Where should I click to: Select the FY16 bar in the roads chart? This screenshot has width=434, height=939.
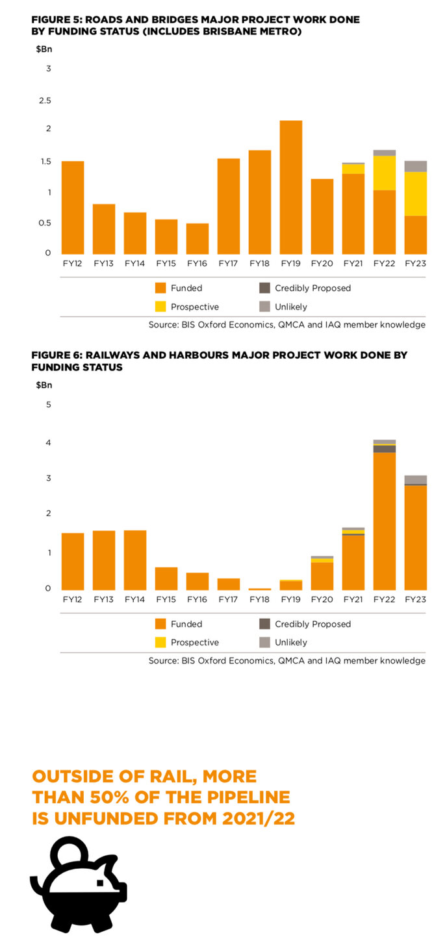click(198, 238)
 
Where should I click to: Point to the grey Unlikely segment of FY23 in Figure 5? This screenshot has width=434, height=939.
click(416, 166)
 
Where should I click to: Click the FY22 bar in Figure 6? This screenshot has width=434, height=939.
click(385, 520)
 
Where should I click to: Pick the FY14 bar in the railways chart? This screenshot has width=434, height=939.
click(135, 560)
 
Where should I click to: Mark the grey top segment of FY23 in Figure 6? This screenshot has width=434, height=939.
click(416, 479)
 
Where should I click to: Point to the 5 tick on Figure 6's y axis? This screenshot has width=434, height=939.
click(48, 404)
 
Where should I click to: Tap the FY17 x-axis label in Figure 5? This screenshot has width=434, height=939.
click(229, 264)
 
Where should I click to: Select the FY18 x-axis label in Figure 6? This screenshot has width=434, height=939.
click(260, 600)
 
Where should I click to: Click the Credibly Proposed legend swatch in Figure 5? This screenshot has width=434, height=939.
click(264, 288)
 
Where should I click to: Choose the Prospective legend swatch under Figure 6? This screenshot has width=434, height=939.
click(160, 642)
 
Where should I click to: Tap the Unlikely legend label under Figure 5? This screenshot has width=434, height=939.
click(290, 307)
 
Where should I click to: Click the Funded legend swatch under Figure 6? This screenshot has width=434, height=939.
click(160, 624)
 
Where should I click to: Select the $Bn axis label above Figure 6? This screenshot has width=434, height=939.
click(44, 385)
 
